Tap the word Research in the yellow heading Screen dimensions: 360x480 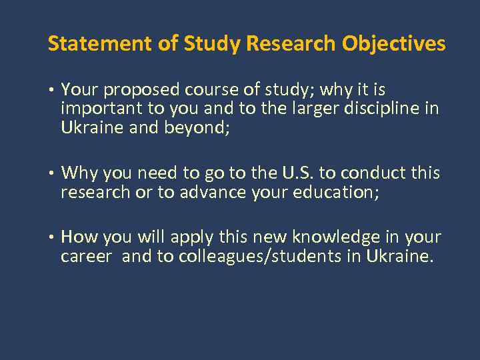291,44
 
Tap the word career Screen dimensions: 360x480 87,257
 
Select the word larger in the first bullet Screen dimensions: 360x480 315,109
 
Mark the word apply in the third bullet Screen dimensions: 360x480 191,237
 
